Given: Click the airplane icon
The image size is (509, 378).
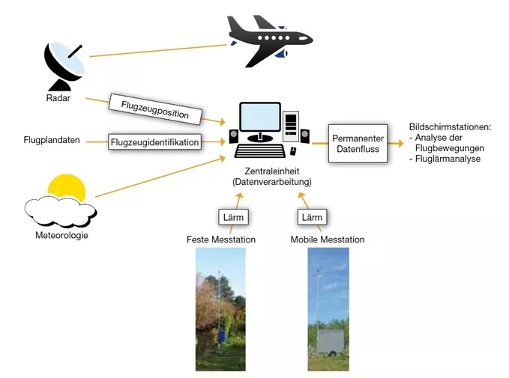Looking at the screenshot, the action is pos(270,40).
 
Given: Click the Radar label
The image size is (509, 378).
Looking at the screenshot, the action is pos(58,98).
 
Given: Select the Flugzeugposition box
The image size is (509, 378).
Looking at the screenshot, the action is pos(155,109).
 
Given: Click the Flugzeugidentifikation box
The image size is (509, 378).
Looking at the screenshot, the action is pos(154,142).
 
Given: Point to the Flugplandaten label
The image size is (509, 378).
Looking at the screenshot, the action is pos(52,140).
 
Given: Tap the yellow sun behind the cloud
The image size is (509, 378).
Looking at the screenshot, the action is pos(67,186).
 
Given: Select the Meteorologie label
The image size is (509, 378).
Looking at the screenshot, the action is pos(61,235).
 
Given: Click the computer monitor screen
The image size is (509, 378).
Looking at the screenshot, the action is pos(260,118).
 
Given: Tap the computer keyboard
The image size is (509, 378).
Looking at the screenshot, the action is pos(260,151).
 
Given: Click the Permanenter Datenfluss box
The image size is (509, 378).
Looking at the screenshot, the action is pos(358,143).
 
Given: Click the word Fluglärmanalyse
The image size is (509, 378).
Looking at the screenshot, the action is pos(448,159).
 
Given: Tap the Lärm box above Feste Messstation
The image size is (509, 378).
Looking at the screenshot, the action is pos(233,217).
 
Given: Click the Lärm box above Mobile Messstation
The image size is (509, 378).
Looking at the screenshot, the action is pos(312,217).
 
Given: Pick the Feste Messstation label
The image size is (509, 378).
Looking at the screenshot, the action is pos(221,240).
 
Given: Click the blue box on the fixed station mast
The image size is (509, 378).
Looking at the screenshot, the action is pos(222,336).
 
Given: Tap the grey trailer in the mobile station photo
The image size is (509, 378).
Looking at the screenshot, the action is pos(330,342).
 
